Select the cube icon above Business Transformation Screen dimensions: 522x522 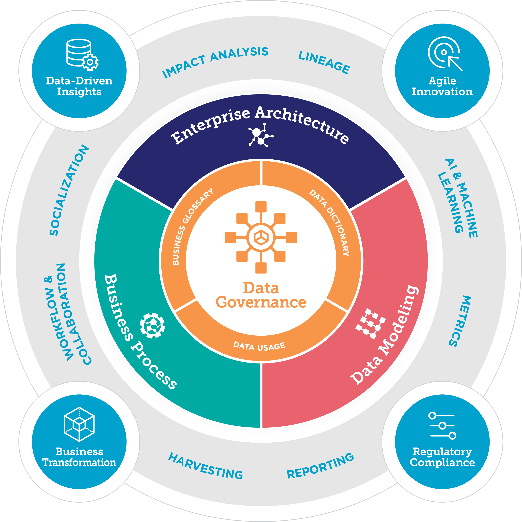click(79, 424)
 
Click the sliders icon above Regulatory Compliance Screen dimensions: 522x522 click(442, 426)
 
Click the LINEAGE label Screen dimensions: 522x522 click(324, 62)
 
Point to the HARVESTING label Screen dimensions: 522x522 click(205, 466)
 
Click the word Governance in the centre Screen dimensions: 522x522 click(261, 302)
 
